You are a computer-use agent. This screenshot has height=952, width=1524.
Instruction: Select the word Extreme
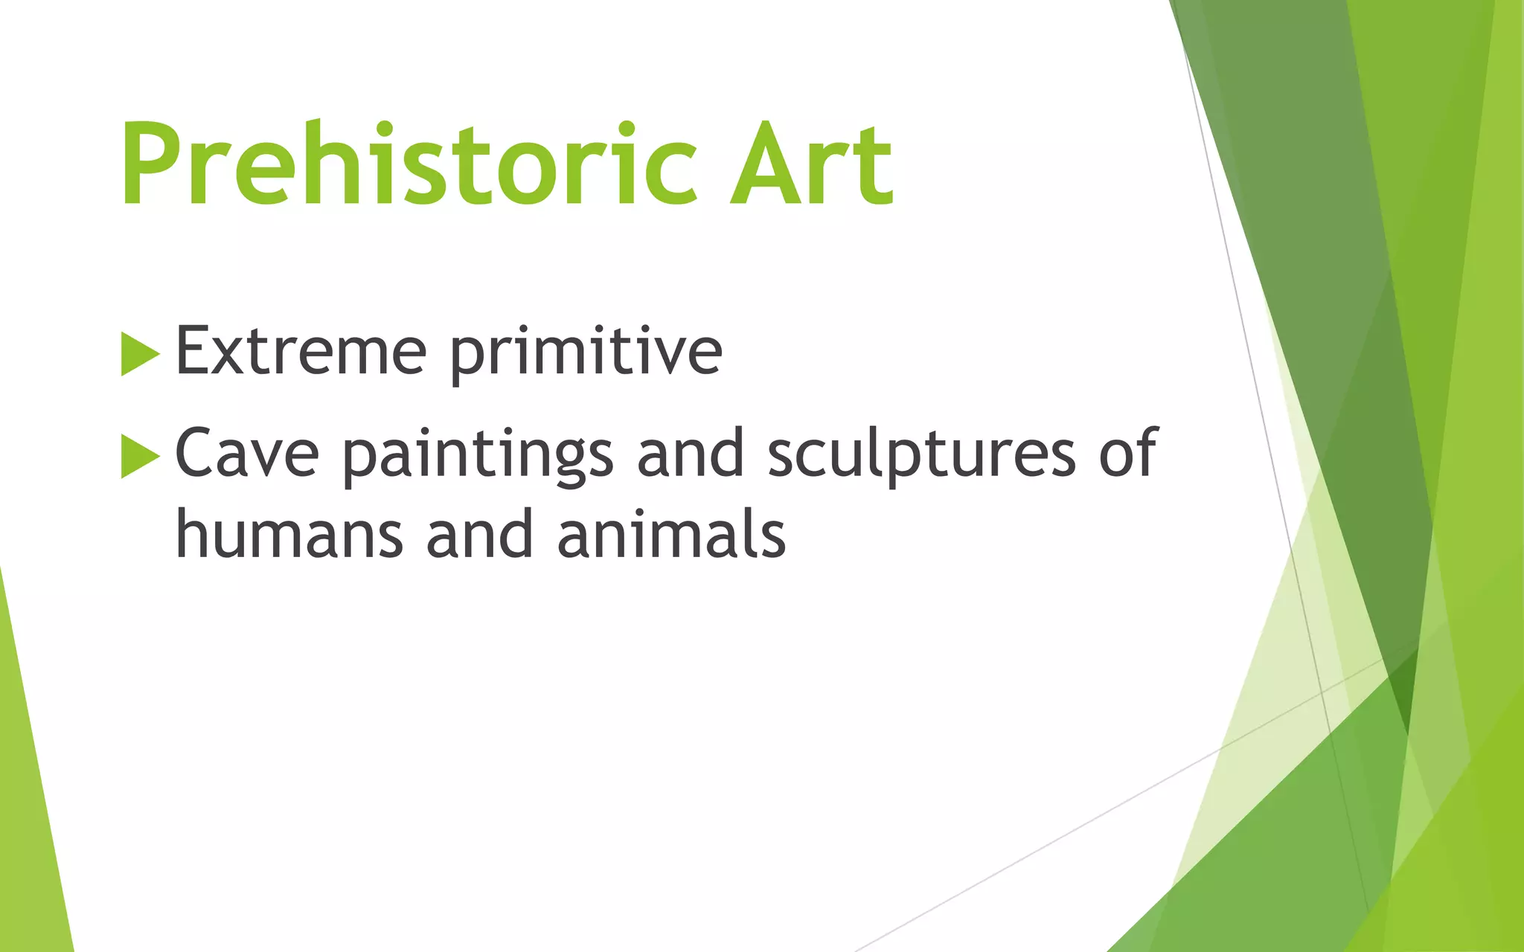(x=301, y=351)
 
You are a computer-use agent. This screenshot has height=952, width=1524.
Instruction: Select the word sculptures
(x=921, y=455)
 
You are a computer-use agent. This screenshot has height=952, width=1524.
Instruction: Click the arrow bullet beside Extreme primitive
(x=140, y=354)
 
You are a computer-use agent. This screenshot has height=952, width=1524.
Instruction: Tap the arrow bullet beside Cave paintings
(x=140, y=455)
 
